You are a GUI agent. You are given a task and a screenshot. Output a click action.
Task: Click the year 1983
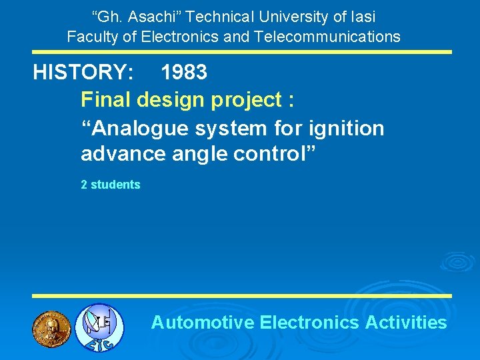(184, 73)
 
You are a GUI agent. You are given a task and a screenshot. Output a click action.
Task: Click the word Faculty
(91, 37)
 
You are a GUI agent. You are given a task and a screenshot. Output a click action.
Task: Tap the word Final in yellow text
(106, 100)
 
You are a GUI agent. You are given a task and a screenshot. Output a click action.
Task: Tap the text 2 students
(111, 185)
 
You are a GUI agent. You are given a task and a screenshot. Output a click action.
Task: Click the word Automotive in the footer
(203, 323)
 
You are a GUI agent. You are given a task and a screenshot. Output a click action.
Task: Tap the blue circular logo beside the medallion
(98, 327)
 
